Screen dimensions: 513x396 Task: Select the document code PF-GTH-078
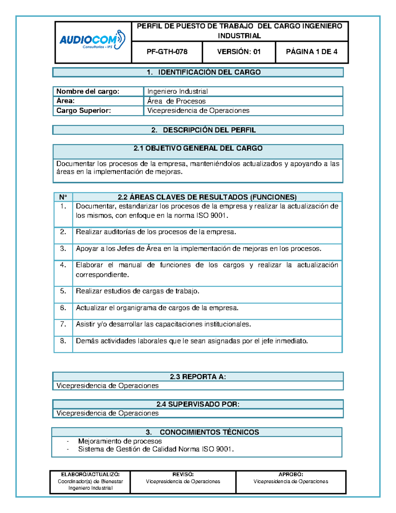pos(167,52)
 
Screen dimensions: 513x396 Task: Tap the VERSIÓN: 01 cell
pos(239,52)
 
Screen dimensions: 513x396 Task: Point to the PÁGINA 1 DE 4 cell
pos(312,52)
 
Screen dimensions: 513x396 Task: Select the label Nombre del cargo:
pos(88,92)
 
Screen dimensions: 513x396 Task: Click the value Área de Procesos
pos(176,101)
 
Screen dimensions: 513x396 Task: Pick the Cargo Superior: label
pos(83,111)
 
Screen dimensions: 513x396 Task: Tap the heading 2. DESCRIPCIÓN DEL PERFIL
pos(204,130)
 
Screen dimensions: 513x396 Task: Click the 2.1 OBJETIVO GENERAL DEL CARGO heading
pos(198,149)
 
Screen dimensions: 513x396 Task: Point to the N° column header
pos(63,197)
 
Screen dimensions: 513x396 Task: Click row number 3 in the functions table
pos(63,249)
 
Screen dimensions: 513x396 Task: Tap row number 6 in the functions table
pos(63,308)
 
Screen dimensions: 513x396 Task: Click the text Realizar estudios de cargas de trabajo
pos(137,291)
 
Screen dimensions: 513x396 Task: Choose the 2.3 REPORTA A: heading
pos(198,377)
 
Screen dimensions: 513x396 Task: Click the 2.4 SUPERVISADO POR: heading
pos(198,404)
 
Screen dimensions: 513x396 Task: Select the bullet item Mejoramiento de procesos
pos(120,441)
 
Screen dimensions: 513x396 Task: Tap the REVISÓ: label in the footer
pos(183,474)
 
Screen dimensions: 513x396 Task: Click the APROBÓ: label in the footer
pos(291,474)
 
